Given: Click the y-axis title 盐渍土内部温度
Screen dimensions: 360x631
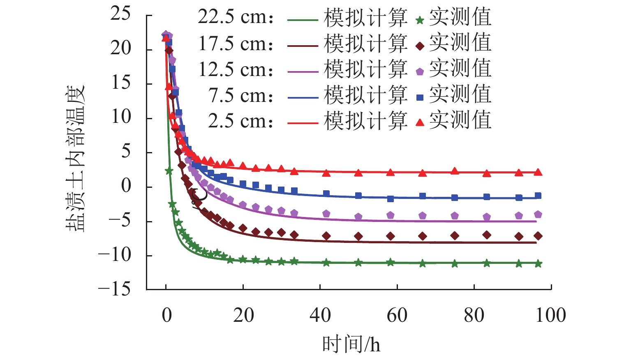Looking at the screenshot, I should coord(75,158).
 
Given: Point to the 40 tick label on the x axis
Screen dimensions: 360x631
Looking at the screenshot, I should coord(320,316).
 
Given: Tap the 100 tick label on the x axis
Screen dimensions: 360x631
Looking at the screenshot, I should coord(550,316).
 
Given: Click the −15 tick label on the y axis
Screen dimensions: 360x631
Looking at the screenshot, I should coord(114,289).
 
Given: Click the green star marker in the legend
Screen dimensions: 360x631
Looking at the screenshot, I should coord(420,20).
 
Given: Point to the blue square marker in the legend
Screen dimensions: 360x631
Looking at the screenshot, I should coord(420,97).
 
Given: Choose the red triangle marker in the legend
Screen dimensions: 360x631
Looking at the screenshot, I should coord(420,122).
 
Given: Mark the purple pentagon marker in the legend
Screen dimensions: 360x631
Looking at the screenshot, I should coord(420,72).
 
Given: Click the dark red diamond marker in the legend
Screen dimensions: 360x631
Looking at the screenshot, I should coord(420,46).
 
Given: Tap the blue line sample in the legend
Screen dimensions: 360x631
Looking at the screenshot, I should coord(303,97).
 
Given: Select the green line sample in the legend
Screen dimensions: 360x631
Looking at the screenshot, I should coord(303,20).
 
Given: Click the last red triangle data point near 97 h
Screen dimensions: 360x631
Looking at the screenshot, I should coord(538,172).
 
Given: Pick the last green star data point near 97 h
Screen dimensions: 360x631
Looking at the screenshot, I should coord(538,264).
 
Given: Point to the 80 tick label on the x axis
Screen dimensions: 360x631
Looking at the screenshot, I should coord(474,316).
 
